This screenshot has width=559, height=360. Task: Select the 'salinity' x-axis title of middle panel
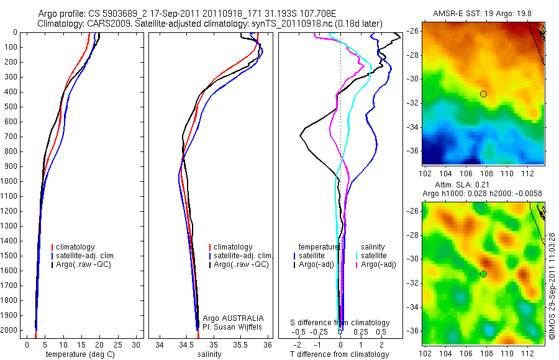pyautogui.click(x=209, y=354)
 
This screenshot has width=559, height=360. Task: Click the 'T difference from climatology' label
pyautogui.click(x=340, y=354)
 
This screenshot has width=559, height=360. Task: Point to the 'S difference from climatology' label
pyautogui.click(x=340, y=323)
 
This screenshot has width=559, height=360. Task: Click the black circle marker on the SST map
pyautogui.click(x=483, y=94)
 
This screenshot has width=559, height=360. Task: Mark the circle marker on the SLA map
pyautogui.click(x=483, y=274)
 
